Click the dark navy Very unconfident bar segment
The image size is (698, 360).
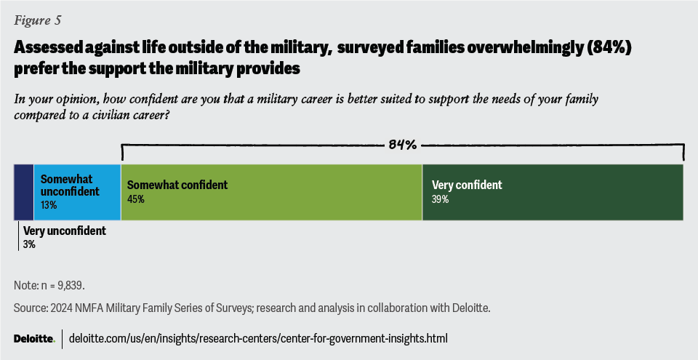coord(23,192)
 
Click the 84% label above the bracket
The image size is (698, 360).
coord(402,145)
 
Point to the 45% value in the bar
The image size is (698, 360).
coord(135,199)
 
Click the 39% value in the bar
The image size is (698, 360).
coord(440,199)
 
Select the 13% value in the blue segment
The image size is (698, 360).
coord(49,205)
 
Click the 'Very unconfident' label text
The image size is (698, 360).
coord(65,231)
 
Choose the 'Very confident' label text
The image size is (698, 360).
coord(467,185)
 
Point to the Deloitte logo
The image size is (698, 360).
coord(34,339)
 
